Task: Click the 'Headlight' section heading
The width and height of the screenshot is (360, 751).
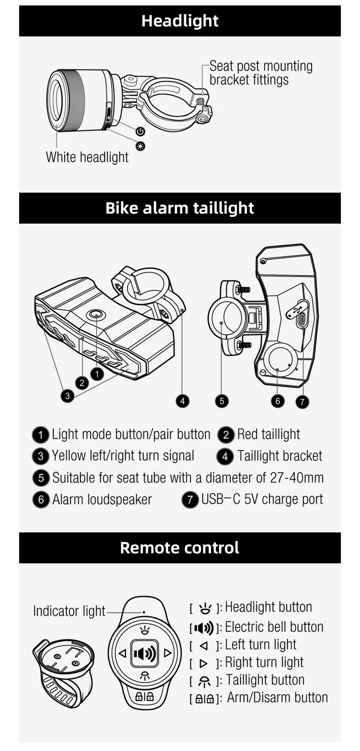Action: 180,21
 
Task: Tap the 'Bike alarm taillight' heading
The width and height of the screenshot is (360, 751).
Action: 180,208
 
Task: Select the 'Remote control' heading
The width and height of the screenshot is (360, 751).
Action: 180,548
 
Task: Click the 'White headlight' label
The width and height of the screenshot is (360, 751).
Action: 87,157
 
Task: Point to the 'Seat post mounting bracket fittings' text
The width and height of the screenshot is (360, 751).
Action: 261,73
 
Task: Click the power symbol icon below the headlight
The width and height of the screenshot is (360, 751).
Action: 140,131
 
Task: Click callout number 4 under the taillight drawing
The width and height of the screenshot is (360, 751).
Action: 182,401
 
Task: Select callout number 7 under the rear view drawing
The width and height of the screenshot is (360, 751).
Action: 302,402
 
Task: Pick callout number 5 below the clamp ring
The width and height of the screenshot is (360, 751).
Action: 221,401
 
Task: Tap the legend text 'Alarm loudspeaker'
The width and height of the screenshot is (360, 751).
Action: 102,500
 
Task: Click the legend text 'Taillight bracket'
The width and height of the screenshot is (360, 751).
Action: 279,456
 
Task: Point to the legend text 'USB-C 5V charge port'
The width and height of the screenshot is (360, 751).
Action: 262,500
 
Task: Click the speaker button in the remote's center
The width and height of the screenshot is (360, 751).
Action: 145,654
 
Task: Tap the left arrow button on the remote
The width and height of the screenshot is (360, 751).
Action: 122,654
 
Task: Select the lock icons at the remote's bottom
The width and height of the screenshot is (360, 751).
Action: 145,696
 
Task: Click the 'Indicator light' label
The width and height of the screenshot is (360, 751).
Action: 69,611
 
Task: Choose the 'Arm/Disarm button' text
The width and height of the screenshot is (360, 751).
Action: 277,698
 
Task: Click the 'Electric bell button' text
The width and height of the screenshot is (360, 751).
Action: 274,627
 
